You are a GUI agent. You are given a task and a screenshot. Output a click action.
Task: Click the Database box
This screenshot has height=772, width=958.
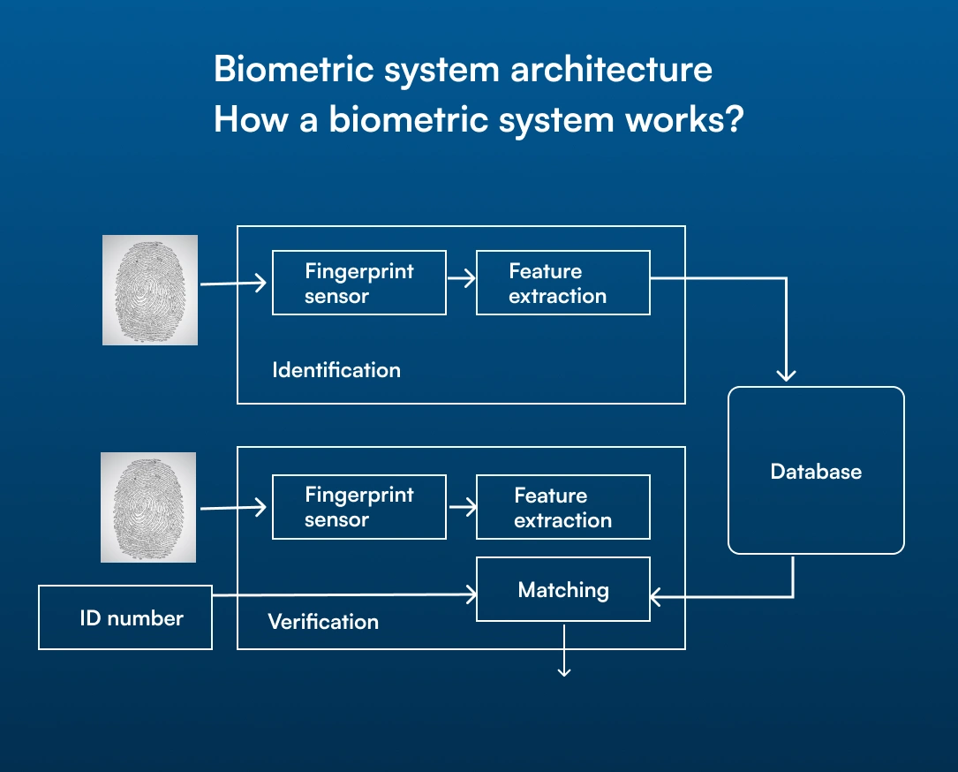coord(816,470)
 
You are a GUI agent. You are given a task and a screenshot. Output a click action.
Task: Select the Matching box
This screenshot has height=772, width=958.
coord(562,589)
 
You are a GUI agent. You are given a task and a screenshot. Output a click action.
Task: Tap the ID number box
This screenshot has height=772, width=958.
coord(125,617)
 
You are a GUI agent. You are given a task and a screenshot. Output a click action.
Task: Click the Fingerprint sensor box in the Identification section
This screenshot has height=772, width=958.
coord(359,283)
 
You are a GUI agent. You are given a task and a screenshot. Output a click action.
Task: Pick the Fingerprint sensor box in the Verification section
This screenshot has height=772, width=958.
coord(359,507)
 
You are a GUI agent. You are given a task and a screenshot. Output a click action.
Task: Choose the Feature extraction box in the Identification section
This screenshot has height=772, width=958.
coord(562,283)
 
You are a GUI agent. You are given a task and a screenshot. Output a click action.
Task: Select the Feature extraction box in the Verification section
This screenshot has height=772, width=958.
coord(562,507)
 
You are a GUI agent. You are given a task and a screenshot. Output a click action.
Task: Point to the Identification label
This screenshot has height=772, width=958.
coord(336,370)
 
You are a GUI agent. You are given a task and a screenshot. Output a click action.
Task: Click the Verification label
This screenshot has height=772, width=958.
coord(323,622)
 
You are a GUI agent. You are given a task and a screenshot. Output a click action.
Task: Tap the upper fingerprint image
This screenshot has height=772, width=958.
coord(150,290)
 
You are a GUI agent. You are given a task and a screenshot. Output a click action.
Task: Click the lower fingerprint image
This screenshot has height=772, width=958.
coord(148,507)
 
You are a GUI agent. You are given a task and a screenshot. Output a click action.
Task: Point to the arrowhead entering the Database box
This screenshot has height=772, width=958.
coord(786,375)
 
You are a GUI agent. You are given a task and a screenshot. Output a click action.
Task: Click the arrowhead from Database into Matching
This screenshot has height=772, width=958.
coord(655,596)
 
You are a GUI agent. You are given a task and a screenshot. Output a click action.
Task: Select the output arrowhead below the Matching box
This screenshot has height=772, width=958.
coord(564,672)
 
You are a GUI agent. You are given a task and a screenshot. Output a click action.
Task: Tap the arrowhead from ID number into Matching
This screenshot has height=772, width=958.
coord(471,594)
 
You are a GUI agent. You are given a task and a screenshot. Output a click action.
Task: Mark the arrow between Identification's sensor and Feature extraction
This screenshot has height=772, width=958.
coord(461,279)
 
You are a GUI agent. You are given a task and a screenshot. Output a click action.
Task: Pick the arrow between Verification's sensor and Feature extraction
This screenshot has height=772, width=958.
coord(463,507)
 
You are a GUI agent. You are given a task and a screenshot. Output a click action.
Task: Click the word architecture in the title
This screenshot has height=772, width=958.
coord(611,69)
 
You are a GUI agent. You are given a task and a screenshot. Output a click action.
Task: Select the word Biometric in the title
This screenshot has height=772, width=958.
coord(293,69)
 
